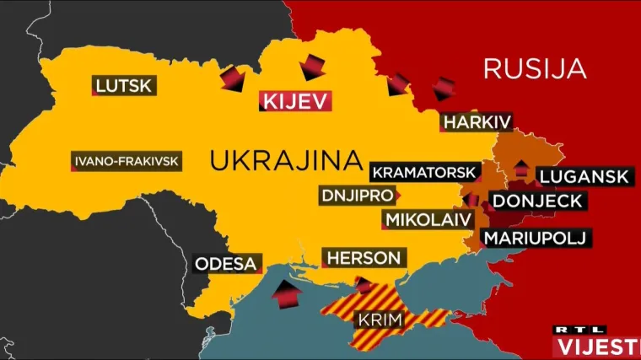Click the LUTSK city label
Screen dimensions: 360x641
[123, 84]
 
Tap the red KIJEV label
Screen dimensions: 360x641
[294, 101]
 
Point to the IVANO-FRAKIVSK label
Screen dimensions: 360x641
[127, 162]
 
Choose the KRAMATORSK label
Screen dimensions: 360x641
[424, 172]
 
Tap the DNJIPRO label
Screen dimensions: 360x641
[358, 196]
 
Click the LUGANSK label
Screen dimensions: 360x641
[583, 176]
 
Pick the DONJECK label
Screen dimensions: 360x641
[537, 201]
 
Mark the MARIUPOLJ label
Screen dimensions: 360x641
[535, 238]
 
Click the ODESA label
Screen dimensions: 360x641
[225, 264]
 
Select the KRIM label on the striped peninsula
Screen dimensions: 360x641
[380, 320]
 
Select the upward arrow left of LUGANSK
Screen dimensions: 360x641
[520, 167]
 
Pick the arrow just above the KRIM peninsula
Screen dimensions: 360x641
[364, 285]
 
